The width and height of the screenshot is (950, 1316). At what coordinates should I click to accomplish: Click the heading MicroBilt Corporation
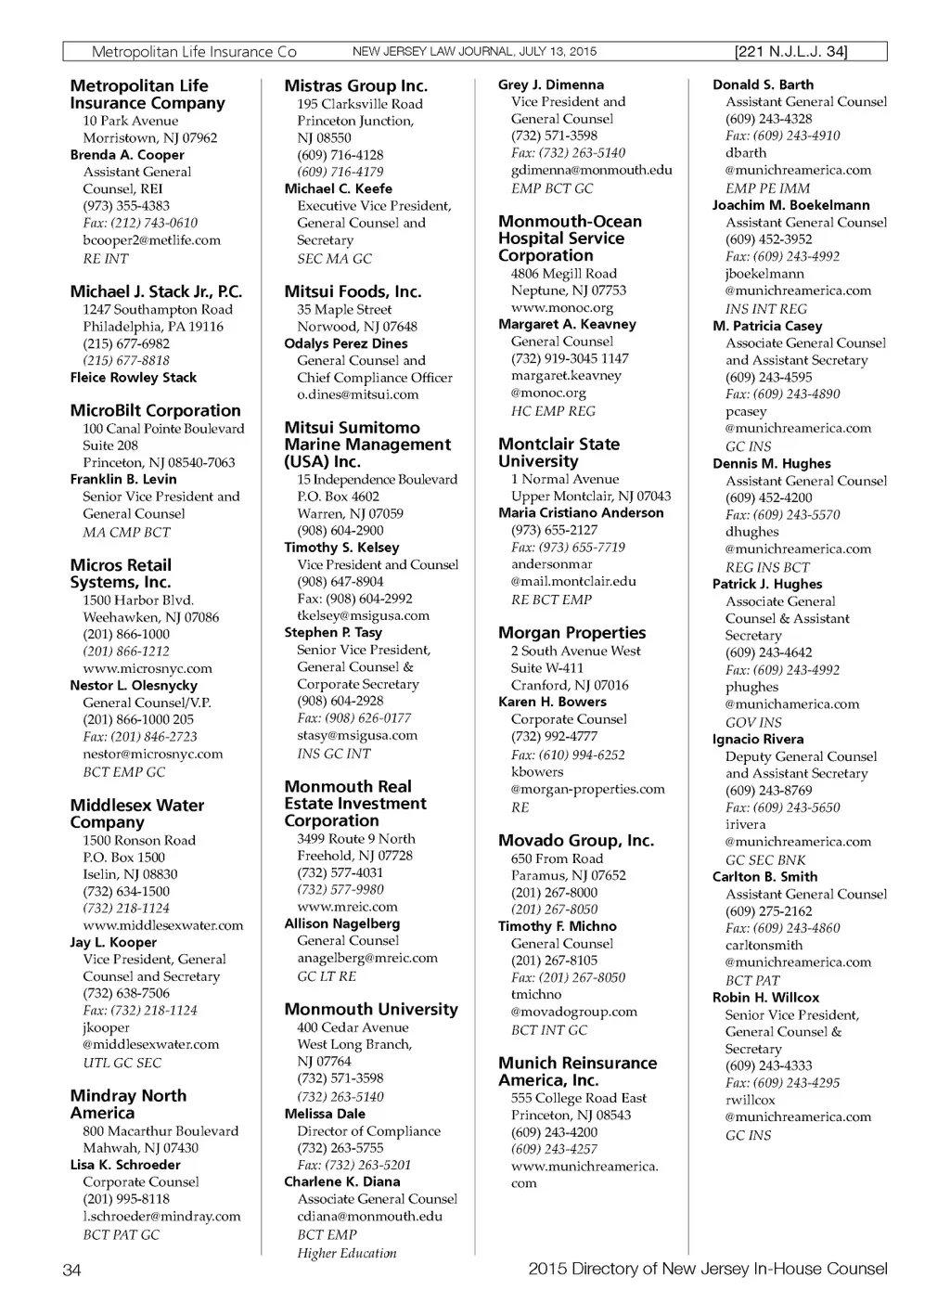pos(155,410)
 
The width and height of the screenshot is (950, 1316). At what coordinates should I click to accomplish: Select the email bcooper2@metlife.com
pos(151,240)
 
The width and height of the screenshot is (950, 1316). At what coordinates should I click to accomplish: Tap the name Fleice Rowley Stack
pos(133,378)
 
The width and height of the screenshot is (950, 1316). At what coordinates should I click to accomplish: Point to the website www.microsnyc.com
pos(147,668)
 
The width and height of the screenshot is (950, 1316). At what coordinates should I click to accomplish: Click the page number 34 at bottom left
pos(71,1271)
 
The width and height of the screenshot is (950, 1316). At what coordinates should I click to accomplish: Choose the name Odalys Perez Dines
pos(345,343)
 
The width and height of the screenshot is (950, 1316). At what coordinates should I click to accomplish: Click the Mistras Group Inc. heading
pos(355,85)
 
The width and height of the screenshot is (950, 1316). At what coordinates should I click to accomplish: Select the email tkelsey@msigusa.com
pos(363,615)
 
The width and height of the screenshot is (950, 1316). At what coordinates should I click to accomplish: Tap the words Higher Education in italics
pos(346,1253)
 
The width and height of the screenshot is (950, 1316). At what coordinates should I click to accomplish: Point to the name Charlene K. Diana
pos(341,1181)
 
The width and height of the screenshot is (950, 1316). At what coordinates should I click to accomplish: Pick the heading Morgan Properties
pos(571,633)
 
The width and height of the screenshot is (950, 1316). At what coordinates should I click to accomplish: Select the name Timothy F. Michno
pos(557,926)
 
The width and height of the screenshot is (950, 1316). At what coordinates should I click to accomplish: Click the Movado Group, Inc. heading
pos(575,841)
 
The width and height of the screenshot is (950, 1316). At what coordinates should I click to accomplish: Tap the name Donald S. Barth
pos(763,84)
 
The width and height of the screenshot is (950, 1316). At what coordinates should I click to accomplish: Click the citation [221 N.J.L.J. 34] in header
pos(790,52)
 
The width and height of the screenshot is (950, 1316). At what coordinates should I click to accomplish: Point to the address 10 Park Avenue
pos(130,121)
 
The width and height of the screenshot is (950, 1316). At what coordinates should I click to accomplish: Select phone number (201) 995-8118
pos(126,1199)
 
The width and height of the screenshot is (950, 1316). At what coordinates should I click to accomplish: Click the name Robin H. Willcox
pos(765,998)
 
